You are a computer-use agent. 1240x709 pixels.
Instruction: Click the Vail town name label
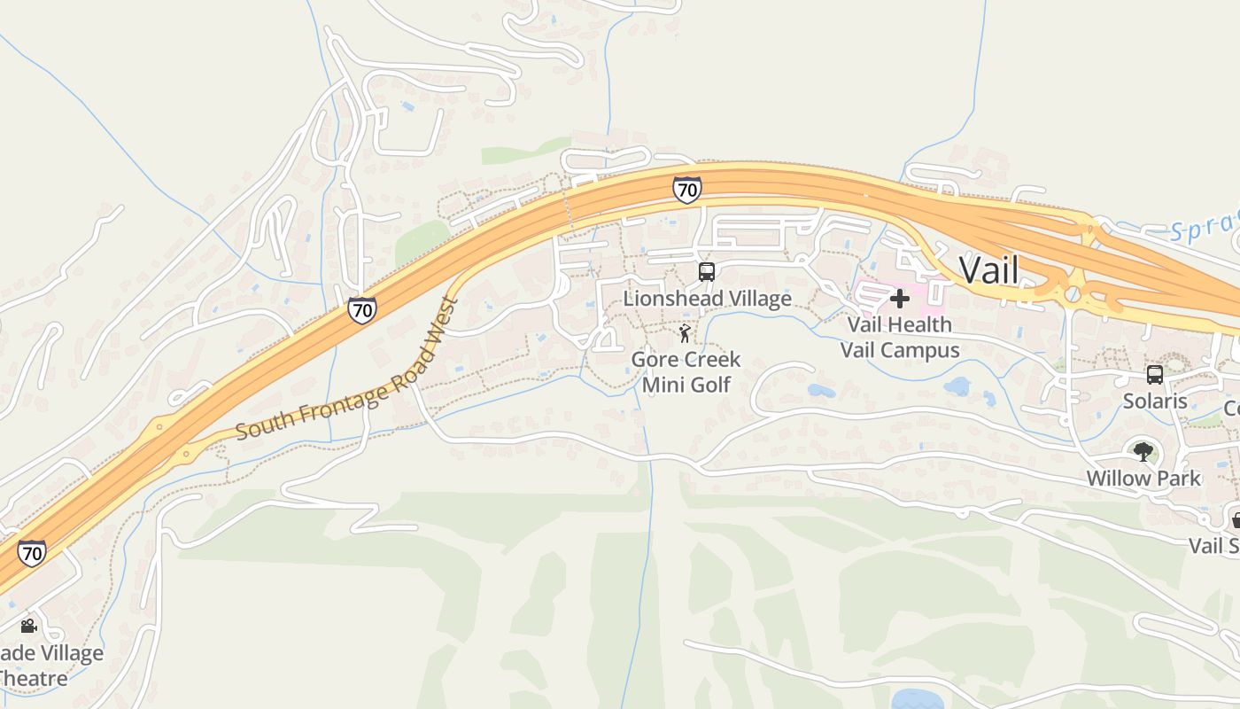(988, 270)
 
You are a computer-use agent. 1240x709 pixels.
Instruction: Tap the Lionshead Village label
(707, 298)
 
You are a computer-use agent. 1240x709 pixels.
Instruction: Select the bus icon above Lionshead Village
(706, 272)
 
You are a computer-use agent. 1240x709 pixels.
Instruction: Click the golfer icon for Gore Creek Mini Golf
(684, 333)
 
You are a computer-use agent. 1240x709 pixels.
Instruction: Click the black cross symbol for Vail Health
(899, 298)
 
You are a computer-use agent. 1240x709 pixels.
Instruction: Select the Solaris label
(1155, 401)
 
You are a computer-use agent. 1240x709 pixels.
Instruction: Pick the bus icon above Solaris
(1155, 374)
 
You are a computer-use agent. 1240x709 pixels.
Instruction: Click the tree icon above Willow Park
(1143, 451)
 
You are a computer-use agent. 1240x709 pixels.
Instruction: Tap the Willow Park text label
(1143, 479)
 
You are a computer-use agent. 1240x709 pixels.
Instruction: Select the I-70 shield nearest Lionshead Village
(686, 189)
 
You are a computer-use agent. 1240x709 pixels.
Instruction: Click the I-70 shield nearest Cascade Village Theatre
(32, 554)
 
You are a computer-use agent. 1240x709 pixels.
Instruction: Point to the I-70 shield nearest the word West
(361, 310)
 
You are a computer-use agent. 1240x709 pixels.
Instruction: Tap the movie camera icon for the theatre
(28, 627)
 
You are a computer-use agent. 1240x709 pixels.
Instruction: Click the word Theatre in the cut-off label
(34, 679)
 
